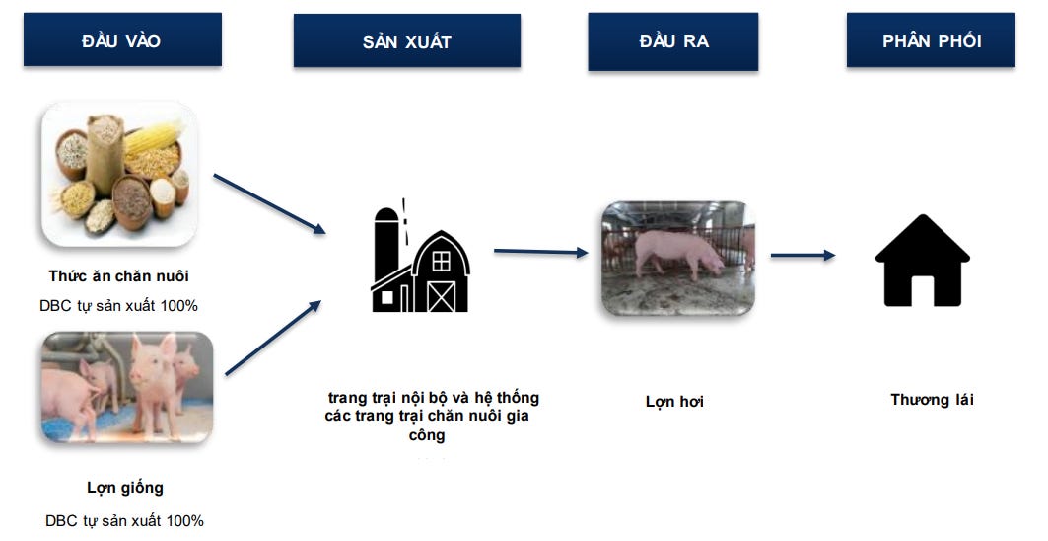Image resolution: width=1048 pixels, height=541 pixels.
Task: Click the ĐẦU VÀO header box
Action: [x=122, y=40]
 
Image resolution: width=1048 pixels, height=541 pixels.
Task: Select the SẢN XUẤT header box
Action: [x=406, y=41]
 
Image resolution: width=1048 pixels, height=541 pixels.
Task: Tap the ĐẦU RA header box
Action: [x=672, y=41]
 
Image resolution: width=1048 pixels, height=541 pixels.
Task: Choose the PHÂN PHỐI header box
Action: [x=931, y=40]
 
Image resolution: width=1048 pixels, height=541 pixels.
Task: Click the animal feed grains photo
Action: [x=119, y=174]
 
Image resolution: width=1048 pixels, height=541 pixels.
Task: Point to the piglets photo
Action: [x=127, y=387]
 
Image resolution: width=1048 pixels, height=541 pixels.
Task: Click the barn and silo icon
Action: [x=420, y=259]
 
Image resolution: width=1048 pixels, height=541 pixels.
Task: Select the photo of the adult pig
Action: [x=677, y=258]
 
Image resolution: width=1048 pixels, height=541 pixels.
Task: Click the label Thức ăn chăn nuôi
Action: [x=118, y=275]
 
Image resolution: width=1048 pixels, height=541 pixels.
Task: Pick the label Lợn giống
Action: [x=125, y=487]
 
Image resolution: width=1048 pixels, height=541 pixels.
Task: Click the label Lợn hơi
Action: [x=674, y=402]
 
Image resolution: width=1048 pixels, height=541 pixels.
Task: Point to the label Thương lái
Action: [x=932, y=400]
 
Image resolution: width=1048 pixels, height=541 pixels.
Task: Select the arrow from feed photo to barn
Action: [x=268, y=203]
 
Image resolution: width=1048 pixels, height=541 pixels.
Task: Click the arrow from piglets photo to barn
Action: [x=273, y=338]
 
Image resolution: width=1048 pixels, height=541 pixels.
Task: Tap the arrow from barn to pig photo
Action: [x=539, y=252]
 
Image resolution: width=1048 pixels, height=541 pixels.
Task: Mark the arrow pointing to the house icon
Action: [x=802, y=256]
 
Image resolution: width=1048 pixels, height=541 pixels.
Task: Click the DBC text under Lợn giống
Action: [x=124, y=520]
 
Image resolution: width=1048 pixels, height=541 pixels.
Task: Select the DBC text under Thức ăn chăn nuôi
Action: [x=118, y=306]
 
